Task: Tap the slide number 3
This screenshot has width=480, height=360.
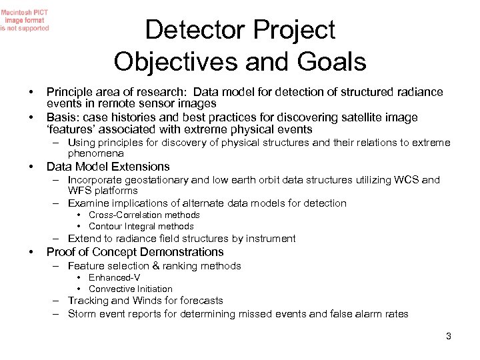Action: (x=449, y=336)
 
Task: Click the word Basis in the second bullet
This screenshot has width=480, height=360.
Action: (x=62, y=117)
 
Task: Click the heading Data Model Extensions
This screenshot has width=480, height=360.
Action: (x=107, y=167)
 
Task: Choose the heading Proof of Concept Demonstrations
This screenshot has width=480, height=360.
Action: (x=135, y=252)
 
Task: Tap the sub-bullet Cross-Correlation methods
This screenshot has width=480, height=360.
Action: (x=144, y=215)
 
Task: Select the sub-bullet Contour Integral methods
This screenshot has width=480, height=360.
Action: (x=141, y=226)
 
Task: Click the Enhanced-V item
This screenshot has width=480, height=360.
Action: (x=115, y=277)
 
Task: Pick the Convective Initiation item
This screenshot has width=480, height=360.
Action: (x=130, y=289)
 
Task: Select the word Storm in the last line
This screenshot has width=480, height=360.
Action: (x=82, y=314)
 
